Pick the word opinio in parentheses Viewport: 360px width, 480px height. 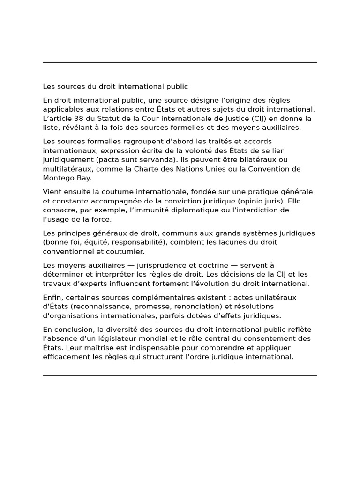click(x=250, y=201)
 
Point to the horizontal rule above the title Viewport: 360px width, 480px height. click(x=180, y=62)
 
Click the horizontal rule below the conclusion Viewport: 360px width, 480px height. click(x=180, y=375)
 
